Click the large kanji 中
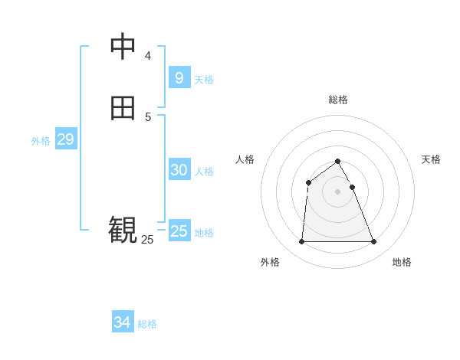[x=123, y=46]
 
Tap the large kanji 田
[x=123, y=108]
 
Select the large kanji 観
[x=123, y=229]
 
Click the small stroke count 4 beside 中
[x=148, y=55]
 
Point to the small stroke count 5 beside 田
[x=148, y=117]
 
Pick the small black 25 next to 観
[x=147, y=240]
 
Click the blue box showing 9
[x=179, y=78]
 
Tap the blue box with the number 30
[x=179, y=170]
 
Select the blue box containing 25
[x=179, y=231]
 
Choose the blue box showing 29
[x=65, y=139]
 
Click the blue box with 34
[x=122, y=322]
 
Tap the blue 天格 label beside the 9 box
[x=204, y=80]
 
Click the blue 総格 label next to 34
[x=147, y=324]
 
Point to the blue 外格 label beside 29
[x=41, y=141]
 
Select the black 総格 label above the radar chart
[x=338, y=100]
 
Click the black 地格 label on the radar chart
[x=402, y=262]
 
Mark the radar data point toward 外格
[x=301, y=242]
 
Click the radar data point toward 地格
[x=374, y=242]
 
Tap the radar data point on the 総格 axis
[x=338, y=161]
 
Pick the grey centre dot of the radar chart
[x=338, y=191]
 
